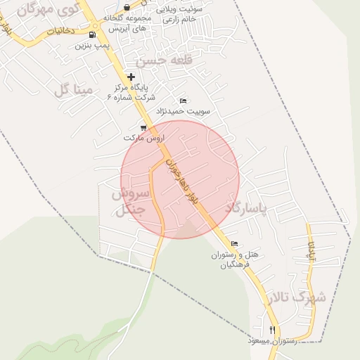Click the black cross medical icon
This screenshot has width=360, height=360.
point(131,77)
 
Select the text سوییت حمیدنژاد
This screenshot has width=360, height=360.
point(193,110)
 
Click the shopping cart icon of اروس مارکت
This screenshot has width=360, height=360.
point(143,128)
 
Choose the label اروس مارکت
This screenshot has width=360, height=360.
point(143,139)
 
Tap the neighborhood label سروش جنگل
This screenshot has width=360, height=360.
point(128,201)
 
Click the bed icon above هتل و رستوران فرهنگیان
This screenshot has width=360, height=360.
point(234,244)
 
